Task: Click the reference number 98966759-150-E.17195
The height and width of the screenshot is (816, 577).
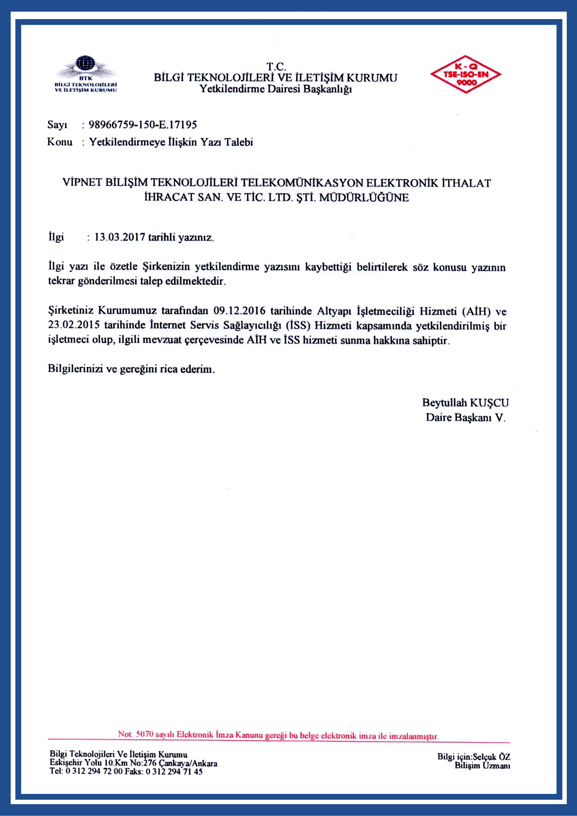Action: (x=143, y=125)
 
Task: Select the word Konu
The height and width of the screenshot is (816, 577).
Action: (x=60, y=142)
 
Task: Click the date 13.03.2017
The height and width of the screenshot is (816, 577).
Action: (x=119, y=237)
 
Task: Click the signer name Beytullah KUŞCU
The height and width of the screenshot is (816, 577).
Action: (x=465, y=403)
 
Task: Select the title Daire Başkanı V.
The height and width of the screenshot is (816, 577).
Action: (x=465, y=417)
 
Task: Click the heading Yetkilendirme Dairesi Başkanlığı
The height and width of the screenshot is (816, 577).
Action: (x=275, y=89)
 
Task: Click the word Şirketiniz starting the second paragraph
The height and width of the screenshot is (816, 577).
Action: (x=71, y=310)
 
